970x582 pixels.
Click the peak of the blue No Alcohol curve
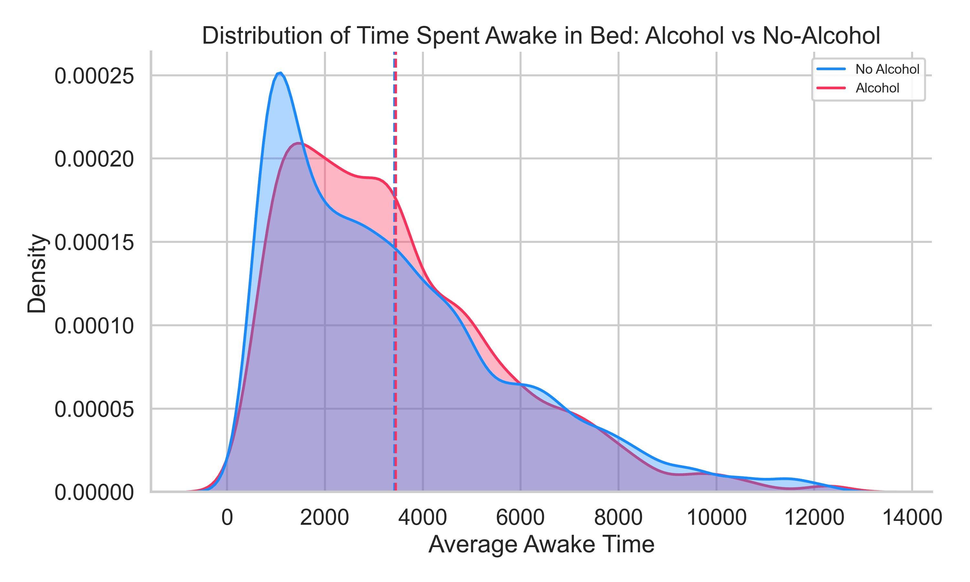click(280, 73)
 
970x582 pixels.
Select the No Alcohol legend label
click(887, 70)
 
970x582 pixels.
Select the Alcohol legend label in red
click(877, 88)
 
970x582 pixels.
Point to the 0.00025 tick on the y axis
click(94, 76)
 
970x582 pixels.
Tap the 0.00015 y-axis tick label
click(94, 243)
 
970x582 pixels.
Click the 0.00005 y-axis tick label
click(94, 410)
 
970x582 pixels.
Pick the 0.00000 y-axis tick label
click(94, 493)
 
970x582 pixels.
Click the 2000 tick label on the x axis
click(324, 517)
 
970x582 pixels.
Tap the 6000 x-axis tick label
click(520, 517)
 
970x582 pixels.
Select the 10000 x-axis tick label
click(716, 517)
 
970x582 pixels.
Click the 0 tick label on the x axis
click(227, 517)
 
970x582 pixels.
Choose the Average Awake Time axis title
click(541, 544)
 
